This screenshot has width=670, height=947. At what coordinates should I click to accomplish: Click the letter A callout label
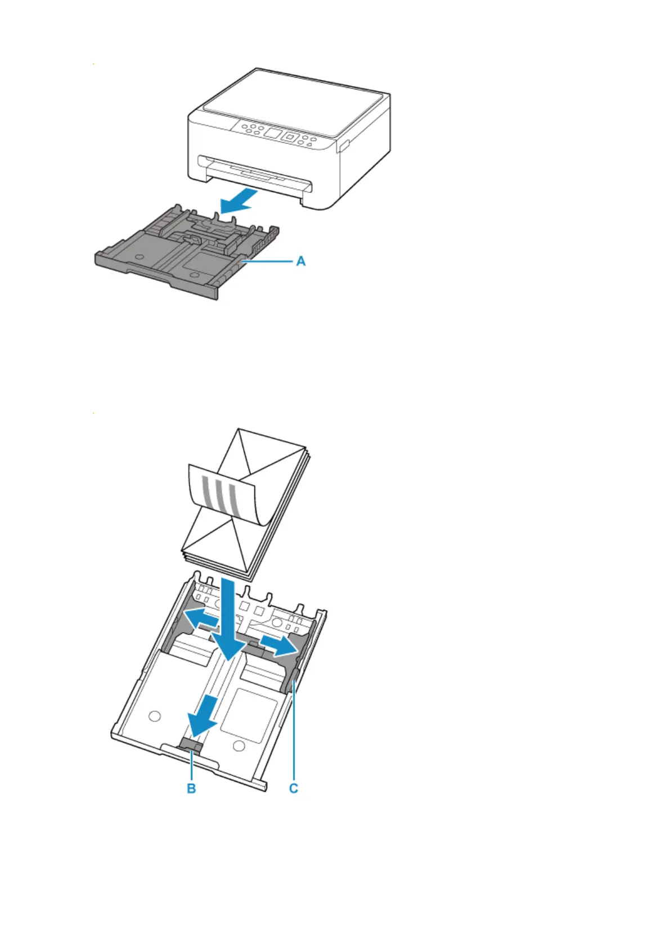click(301, 261)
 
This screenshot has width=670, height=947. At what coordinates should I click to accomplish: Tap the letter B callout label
click(191, 788)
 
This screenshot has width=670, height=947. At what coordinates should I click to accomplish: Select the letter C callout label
click(293, 788)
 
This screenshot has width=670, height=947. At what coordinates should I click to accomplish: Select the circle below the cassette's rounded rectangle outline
click(239, 745)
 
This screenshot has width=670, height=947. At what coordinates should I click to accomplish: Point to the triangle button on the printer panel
click(309, 145)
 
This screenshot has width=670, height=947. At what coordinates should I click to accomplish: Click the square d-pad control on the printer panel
click(290, 137)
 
